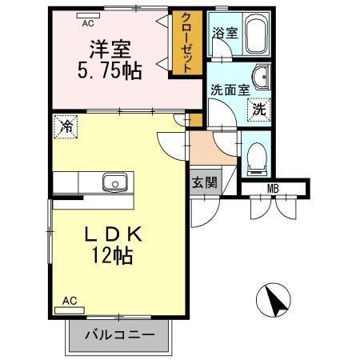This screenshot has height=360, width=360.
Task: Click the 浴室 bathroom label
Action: point(224,34)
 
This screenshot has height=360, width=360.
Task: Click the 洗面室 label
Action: point(228,90)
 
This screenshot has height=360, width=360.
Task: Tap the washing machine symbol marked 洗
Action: point(258,109)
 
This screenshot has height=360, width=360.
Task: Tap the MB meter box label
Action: point(274,189)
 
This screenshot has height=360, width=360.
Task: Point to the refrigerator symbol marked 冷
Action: point(67,126)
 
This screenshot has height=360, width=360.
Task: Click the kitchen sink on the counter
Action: point(114,182)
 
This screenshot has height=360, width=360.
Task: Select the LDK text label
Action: point(114,234)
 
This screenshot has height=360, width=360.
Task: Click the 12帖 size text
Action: point(112,256)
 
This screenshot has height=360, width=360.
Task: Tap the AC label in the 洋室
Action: point(88,23)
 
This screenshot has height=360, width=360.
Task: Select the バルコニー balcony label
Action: point(119,334)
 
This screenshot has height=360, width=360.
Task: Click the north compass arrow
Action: point(276,302)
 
